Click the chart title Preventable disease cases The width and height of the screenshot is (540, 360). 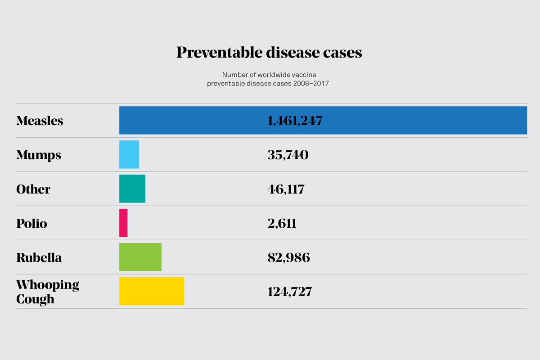point(269,53)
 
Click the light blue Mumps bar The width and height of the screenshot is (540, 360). point(129,154)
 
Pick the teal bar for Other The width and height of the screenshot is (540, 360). point(132,189)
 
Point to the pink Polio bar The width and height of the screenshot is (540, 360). point(123,223)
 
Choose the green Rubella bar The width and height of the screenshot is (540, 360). point(140,257)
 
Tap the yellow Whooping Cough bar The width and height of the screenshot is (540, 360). point(152,291)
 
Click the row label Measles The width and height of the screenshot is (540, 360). point(40,121)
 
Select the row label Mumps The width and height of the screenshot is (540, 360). point(39,155)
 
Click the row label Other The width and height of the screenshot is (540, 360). point(33,189)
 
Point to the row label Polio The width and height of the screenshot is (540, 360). point(31,223)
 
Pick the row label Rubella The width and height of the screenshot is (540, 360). point(39,257)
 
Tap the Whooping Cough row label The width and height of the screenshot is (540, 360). point(47,292)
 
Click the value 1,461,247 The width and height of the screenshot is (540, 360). point(295,121)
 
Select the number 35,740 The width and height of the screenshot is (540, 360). point(288,155)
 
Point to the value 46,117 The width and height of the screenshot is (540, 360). point(286,189)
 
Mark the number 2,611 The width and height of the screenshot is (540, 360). point(282,223)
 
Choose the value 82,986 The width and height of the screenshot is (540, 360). point(288,257)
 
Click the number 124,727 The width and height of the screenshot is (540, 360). point(290,292)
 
